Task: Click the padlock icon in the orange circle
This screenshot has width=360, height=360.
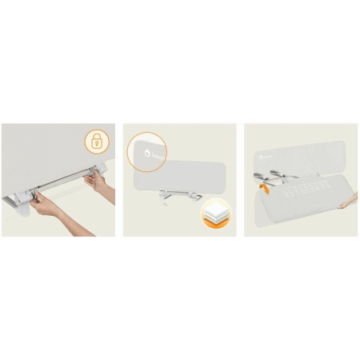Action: tap(95, 144)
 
